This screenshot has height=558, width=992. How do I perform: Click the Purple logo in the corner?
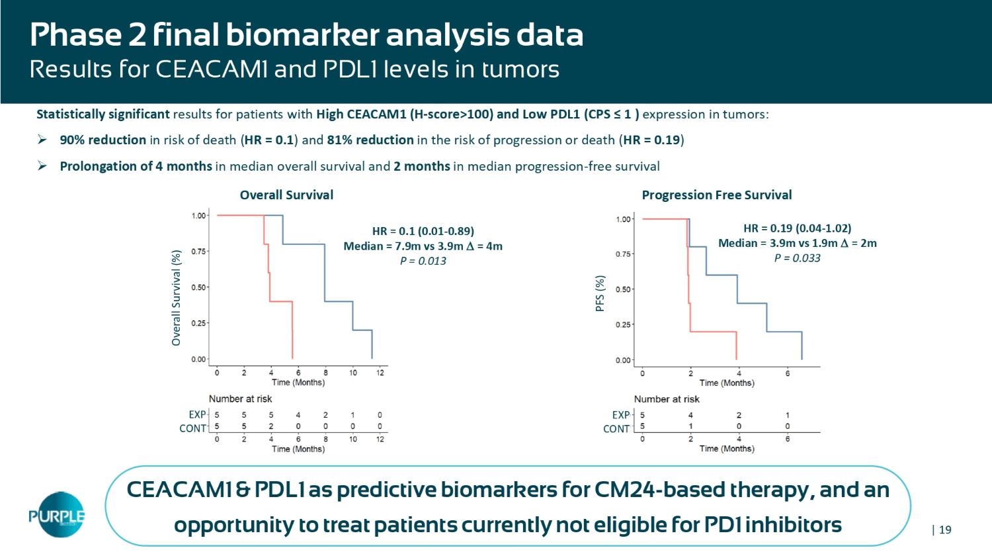tap(57, 514)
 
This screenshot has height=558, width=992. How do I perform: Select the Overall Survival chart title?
tap(286, 195)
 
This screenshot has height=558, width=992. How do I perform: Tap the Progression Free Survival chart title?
tap(716, 195)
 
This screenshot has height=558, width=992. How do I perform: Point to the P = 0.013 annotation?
tap(423, 261)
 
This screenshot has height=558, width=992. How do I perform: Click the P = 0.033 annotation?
tap(797, 258)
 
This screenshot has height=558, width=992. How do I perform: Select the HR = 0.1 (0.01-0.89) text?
tap(423, 231)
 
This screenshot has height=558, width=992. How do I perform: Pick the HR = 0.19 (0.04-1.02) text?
tap(797, 228)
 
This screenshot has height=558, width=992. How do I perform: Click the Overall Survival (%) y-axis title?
tap(176, 298)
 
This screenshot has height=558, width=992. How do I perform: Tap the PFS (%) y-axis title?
tap(600, 293)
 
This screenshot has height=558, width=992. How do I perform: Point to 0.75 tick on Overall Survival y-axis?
tap(198, 252)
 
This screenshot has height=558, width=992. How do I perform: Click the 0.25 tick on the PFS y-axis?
tap(623, 324)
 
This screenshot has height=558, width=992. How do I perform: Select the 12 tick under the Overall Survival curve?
tap(380, 373)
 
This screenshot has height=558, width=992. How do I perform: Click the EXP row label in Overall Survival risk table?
tap(197, 415)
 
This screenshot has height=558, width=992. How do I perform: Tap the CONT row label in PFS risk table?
tap(616, 429)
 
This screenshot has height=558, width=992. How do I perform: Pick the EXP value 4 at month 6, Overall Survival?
tap(298, 416)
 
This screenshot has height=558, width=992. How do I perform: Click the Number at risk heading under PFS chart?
tap(667, 399)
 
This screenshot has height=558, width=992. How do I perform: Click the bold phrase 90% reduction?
tap(103, 140)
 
